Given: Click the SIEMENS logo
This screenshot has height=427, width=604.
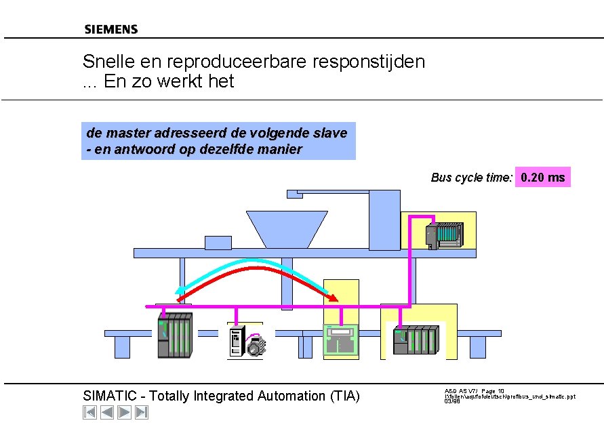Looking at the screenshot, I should click(110, 29).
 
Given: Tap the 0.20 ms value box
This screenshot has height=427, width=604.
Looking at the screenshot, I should click(542, 178).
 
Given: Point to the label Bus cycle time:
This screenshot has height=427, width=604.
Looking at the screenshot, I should click(471, 178).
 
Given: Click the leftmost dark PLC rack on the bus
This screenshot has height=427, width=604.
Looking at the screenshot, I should click(175, 335).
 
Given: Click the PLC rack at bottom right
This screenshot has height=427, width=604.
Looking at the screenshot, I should click(416, 340).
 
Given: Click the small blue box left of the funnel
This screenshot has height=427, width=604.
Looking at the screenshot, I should click(218, 242).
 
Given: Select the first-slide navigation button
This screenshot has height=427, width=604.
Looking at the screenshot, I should click(89, 412).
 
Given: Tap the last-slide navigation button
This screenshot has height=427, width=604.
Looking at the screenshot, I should click(142, 412).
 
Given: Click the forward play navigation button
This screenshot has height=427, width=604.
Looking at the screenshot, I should click(124, 412).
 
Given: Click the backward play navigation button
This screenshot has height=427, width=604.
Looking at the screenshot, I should click(107, 412).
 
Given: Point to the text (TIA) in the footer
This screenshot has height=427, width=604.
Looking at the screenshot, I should click(344, 396).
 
